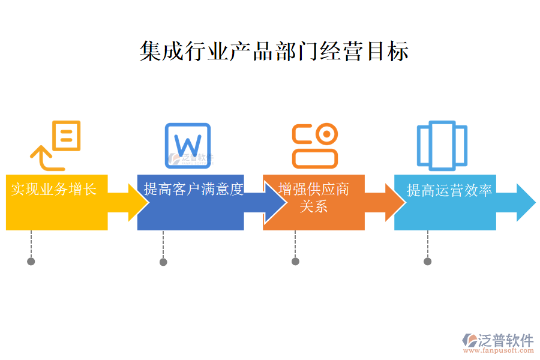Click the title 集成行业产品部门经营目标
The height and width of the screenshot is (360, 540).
pyautogui.click(x=274, y=52)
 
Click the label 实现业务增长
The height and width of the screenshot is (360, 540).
pyautogui.click(x=54, y=190)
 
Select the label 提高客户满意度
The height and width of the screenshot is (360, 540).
pyautogui.click(x=193, y=190)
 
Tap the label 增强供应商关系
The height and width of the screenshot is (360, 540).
pyautogui.click(x=314, y=198)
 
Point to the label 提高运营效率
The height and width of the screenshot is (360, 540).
pyautogui.click(x=449, y=190)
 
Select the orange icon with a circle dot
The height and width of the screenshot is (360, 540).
pyautogui.click(x=315, y=146)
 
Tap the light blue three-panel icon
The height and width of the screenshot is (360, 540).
pyautogui.click(x=442, y=144)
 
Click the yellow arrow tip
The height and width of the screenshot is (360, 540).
pyautogui.click(x=139, y=203)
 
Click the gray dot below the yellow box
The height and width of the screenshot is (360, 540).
pyautogui.click(x=31, y=262)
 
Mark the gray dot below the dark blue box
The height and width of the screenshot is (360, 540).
pyautogui.click(x=163, y=262)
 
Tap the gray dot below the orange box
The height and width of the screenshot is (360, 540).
pyautogui.click(x=295, y=262)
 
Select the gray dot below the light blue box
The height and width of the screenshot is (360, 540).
pyautogui.click(x=427, y=262)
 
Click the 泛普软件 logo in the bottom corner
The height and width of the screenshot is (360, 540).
pyautogui.click(x=498, y=340)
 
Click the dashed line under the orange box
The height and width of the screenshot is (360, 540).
pyautogui.click(x=295, y=244)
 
